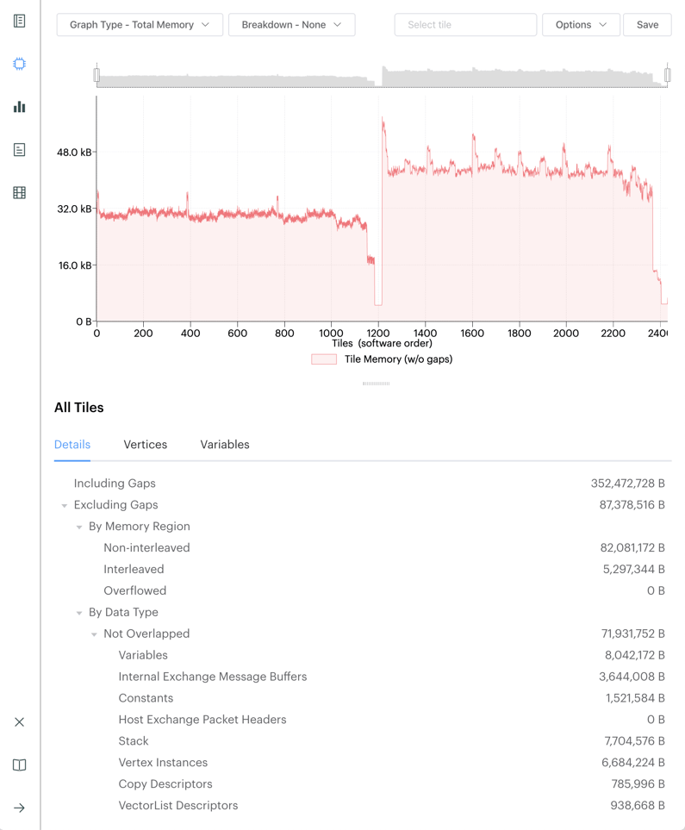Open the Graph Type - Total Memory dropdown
pyautogui.click(x=140, y=25)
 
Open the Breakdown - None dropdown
pyautogui.click(x=291, y=25)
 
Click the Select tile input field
pyautogui.click(x=465, y=25)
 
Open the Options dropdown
pyautogui.click(x=581, y=25)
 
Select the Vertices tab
pyautogui.click(x=146, y=445)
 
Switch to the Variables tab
pyautogui.click(x=225, y=445)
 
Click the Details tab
pyautogui.click(x=72, y=445)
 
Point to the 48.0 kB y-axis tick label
pyautogui.click(x=74, y=153)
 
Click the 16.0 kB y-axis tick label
pyautogui.click(x=74, y=265)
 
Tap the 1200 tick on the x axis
pyautogui.click(x=377, y=334)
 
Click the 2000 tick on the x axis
pyautogui.click(x=566, y=334)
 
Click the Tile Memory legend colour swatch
pyautogui.click(x=324, y=359)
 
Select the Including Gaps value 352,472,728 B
pyautogui.click(x=627, y=484)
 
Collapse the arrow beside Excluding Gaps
pyautogui.click(x=65, y=506)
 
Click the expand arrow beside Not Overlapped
pyautogui.click(x=94, y=634)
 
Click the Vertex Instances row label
pyautogui.click(x=163, y=763)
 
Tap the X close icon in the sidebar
pyautogui.click(x=20, y=722)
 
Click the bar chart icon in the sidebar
pyautogui.click(x=20, y=107)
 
